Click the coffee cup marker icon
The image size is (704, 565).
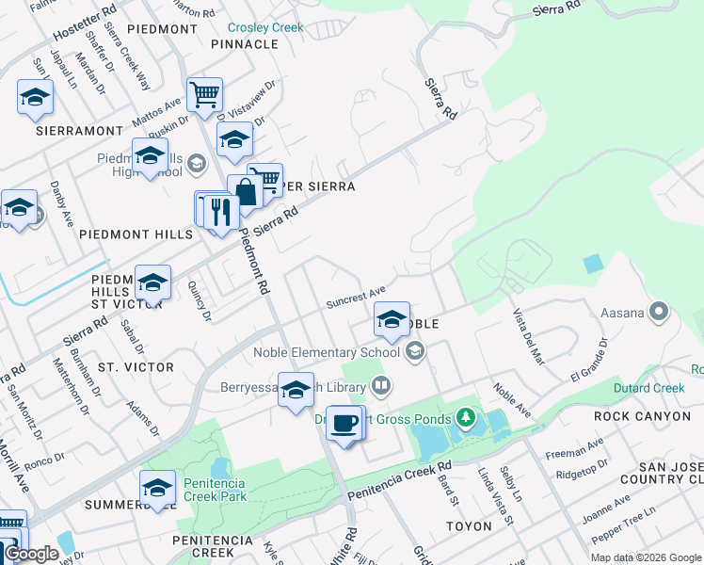pos(345,423)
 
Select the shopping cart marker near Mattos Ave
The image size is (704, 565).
pos(204,95)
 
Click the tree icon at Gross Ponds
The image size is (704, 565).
pos(464,416)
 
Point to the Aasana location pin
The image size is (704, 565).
pos(658,310)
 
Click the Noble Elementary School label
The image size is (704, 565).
pos(327,352)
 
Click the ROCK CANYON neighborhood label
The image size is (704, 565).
pos(635,414)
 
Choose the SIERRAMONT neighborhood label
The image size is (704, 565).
pos(80,131)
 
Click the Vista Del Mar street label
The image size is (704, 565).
pos(529,334)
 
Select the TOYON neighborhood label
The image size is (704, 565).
pos(470,525)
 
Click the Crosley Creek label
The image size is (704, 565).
pos(265,27)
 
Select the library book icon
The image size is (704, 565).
pos(381,384)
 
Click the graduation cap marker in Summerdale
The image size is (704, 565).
pos(157,488)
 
